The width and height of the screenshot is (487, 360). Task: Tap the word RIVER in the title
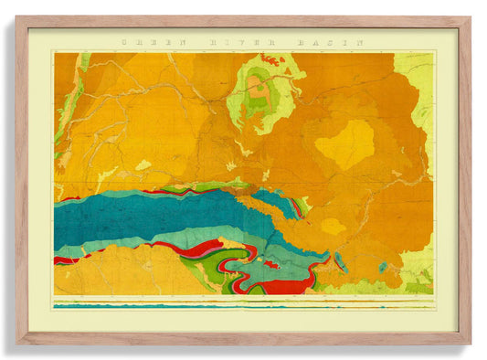coord(240,42)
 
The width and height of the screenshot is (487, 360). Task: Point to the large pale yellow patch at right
coord(346,144)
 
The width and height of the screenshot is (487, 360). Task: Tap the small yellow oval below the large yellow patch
coord(333,225)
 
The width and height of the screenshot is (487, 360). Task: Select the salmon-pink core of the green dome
coord(258,91)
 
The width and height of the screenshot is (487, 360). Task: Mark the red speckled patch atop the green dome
coord(270,59)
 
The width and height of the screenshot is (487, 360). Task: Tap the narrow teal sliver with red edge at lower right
coord(340,261)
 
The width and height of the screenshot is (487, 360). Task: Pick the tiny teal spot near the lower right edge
coord(384,268)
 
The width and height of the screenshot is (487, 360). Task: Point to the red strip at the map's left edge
coord(64,260)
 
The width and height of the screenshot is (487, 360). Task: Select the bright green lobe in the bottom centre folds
coord(213,270)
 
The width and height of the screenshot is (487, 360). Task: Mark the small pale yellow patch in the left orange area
coord(143,165)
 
